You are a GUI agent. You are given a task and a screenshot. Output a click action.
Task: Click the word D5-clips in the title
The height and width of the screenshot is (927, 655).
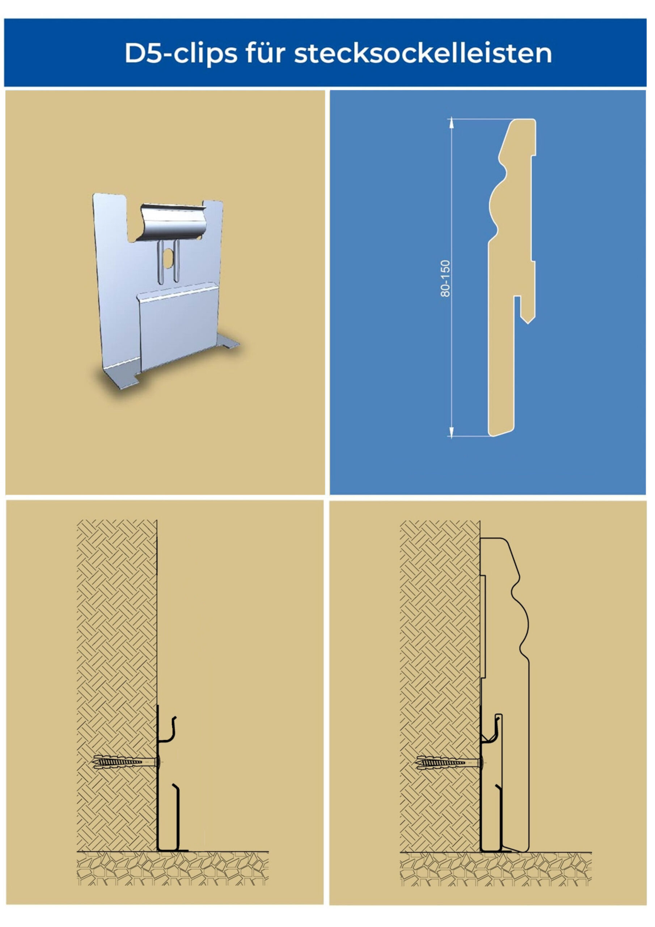[181, 53]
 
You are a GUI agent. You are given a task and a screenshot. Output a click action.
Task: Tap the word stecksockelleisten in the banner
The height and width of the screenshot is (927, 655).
[423, 53]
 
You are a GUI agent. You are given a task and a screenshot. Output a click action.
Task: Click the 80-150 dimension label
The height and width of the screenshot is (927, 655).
[445, 278]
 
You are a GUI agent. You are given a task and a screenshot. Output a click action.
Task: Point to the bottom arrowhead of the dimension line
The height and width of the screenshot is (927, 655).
[452, 432]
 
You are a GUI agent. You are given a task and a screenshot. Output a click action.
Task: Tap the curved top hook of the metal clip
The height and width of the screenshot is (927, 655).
[171, 222]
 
